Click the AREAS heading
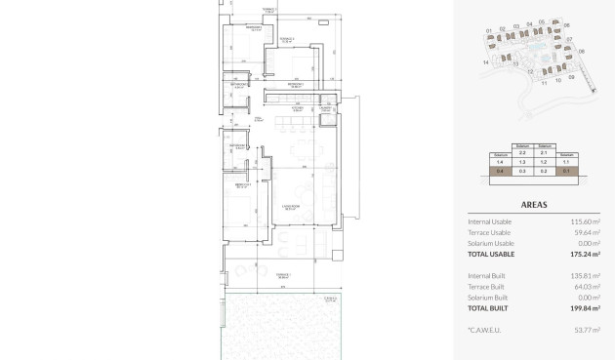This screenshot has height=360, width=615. [x=534, y=206]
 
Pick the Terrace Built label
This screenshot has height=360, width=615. [x=488, y=286]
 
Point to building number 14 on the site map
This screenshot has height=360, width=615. [x=485, y=61]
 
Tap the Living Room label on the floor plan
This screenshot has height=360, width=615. [x=290, y=207]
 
